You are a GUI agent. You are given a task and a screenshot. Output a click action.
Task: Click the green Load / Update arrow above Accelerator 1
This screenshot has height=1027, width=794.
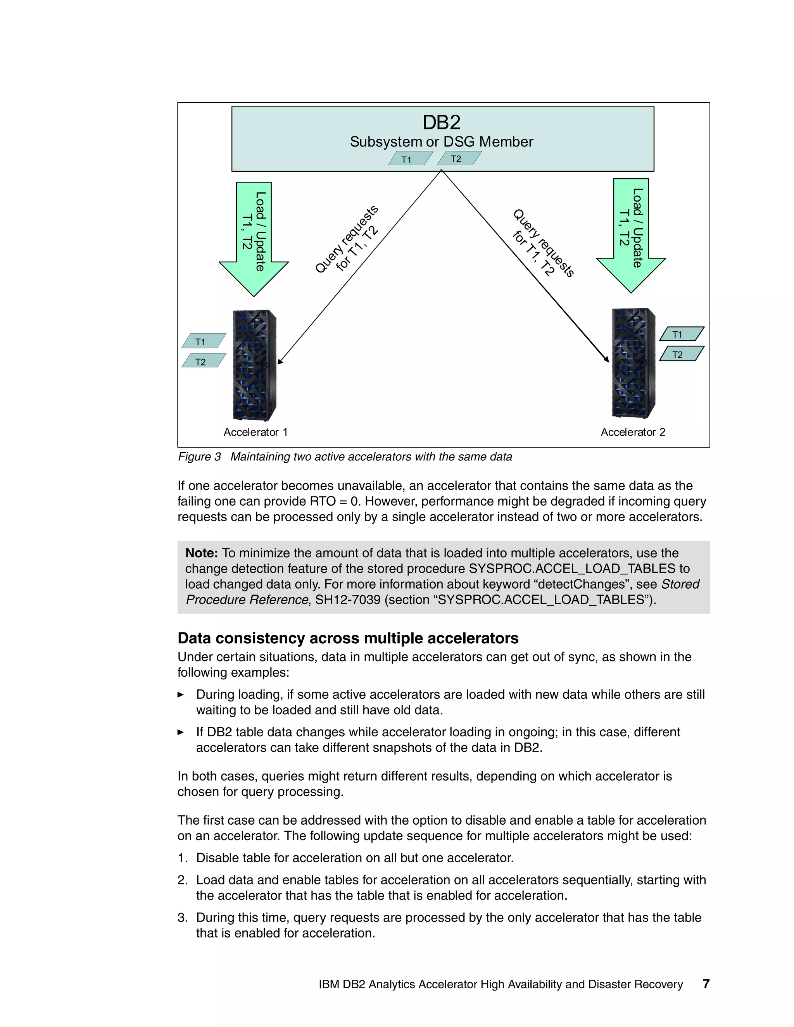[x=254, y=235]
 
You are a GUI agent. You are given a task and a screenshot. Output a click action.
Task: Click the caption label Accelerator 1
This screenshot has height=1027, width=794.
[x=255, y=432]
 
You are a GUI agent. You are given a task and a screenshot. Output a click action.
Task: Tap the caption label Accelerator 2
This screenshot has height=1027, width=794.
[x=633, y=432]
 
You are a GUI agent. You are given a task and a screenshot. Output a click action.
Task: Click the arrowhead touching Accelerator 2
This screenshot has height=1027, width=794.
[x=606, y=359]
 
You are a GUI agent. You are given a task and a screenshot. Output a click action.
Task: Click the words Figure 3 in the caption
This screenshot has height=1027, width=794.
[x=199, y=457]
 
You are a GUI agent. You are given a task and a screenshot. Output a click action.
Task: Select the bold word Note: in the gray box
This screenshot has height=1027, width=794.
[x=201, y=553]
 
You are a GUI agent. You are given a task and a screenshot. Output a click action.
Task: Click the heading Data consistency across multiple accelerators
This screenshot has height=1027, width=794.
[x=348, y=638]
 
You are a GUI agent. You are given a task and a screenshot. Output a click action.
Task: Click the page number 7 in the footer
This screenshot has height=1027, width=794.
[x=706, y=984]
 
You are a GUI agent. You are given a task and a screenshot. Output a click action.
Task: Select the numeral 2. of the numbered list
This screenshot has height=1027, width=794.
[x=183, y=880]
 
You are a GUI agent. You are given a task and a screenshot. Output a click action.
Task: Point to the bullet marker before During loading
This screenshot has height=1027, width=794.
[x=181, y=694]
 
